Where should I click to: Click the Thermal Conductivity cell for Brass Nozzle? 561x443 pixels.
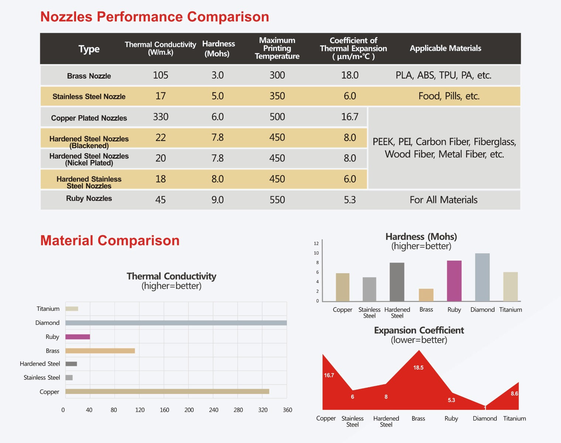click(x=160, y=75)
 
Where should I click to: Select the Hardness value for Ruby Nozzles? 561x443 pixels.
click(x=218, y=200)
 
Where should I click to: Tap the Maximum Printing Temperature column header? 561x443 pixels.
click(x=277, y=48)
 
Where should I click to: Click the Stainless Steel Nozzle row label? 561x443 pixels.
click(x=89, y=97)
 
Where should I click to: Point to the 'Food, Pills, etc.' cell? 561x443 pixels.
click(x=449, y=96)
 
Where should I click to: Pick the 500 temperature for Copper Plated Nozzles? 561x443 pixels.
click(x=277, y=117)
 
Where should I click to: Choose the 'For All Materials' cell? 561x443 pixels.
click(x=443, y=200)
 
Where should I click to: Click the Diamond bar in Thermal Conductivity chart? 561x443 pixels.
click(x=176, y=323)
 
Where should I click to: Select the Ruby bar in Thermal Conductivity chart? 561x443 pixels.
click(x=78, y=337)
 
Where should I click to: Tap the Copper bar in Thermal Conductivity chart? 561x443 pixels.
click(x=167, y=391)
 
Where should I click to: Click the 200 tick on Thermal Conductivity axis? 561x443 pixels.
click(x=189, y=410)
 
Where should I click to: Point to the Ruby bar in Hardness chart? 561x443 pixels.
click(x=454, y=281)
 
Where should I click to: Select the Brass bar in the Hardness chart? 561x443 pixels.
click(x=426, y=295)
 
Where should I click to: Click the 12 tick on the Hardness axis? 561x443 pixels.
click(x=316, y=243)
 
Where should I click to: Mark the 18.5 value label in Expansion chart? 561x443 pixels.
click(x=418, y=368)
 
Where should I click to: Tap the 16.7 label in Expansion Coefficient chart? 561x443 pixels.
click(x=329, y=375)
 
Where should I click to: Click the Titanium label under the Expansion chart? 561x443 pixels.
click(x=514, y=418)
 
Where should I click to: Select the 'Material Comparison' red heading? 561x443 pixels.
click(x=110, y=241)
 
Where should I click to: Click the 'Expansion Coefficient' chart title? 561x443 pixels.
click(x=419, y=330)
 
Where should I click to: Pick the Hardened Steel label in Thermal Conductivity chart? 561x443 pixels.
click(x=40, y=364)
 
